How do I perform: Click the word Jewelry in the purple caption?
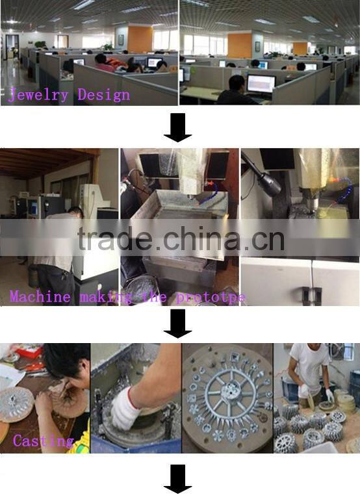[x=38, y=95]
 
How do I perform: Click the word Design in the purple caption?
[x=104, y=95]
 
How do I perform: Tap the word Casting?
[x=44, y=441]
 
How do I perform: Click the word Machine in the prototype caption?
[x=40, y=296]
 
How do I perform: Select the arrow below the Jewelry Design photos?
[x=177, y=127]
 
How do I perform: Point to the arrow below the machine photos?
[x=177, y=324]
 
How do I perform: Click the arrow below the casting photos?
[x=177, y=479]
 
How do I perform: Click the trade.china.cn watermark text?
[x=181, y=238]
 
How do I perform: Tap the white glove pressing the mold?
[x=125, y=409]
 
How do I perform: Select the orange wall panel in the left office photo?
[x=140, y=39]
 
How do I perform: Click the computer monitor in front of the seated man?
[x=261, y=84]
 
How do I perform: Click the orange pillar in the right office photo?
[x=240, y=45]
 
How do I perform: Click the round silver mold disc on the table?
[x=16, y=404]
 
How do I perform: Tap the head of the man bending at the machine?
[x=75, y=212]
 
